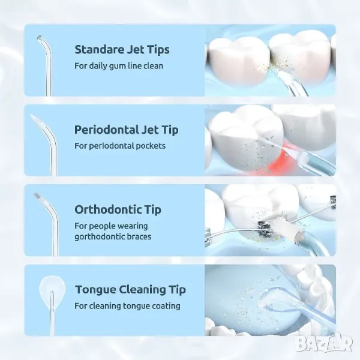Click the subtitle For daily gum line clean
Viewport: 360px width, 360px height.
tap(119, 66)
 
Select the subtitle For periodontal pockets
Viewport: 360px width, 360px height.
tap(120, 146)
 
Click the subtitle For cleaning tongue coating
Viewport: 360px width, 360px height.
tap(127, 306)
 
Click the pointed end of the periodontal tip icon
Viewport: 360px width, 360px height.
tap(31, 115)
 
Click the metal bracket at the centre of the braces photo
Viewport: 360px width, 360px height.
tap(265, 227)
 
